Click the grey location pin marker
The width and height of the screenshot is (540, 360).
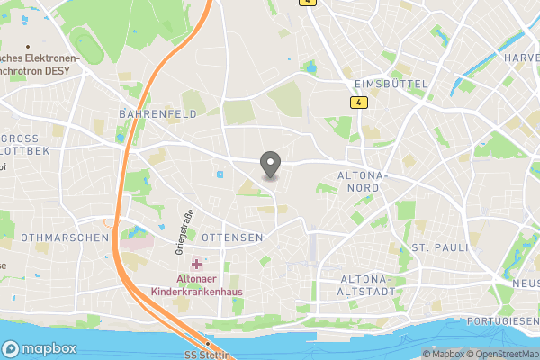[x=270, y=165]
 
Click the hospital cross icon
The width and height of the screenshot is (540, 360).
[x=197, y=262]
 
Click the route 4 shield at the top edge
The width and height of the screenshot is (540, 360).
[x=309, y=3]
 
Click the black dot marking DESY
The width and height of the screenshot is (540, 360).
[x=29, y=46]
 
